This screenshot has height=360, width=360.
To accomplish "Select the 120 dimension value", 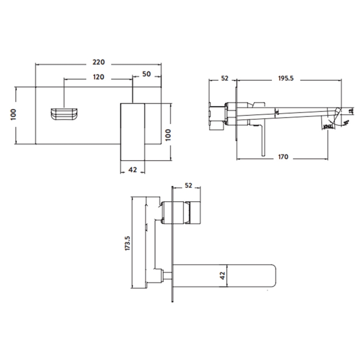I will [x=99, y=76].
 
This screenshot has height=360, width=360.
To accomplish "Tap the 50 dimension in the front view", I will [x=146, y=74].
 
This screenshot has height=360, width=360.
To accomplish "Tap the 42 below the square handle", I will [x=132, y=170].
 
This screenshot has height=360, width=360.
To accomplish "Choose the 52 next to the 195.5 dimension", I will [x=225, y=78].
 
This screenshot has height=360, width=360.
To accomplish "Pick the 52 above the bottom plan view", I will [x=188, y=185].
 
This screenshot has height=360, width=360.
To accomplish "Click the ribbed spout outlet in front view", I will [x=64, y=113].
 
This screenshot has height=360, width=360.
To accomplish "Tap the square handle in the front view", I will [x=132, y=130].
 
